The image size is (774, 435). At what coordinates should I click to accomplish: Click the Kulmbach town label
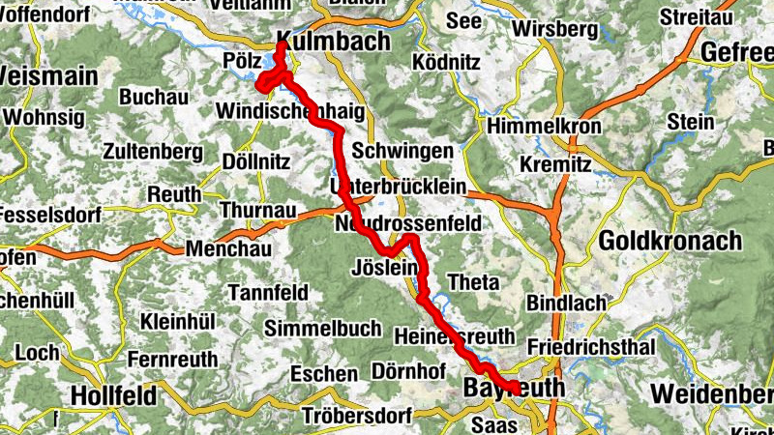tap(333, 42)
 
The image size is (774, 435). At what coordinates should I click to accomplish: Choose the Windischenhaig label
tap(291, 111)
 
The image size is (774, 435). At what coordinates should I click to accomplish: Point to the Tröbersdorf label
tap(357, 417)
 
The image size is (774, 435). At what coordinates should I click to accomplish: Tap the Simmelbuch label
tap(323, 329)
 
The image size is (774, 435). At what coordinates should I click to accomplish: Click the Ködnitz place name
tap(446, 63)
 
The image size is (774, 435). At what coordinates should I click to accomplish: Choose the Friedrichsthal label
tap(591, 346)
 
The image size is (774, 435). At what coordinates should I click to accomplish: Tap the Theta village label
tap(473, 282)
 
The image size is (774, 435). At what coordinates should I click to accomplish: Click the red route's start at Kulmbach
tap(281, 43)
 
